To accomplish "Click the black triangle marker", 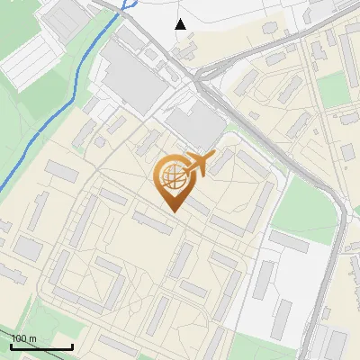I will tap(181, 24).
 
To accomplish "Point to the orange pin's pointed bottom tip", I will tap(172, 212).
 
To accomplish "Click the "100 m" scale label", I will tap(23, 339).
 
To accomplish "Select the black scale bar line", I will tap(41, 347).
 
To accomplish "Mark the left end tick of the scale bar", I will tap(11, 346).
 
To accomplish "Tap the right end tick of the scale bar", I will tap(72, 346).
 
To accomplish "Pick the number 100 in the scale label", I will tap(19, 339).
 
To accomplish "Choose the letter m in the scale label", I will tap(32, 339).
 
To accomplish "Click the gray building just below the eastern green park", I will tap(288, 240).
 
